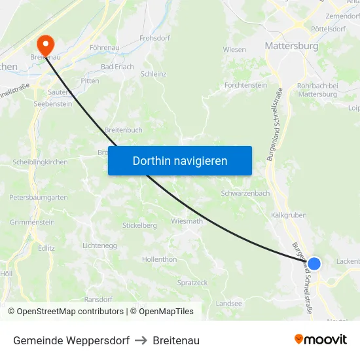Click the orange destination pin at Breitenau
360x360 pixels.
(46, 44)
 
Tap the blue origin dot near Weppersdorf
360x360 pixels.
(314, 263)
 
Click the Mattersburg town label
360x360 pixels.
(291, 46)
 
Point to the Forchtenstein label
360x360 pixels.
(245, 85)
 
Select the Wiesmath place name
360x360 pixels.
(187, 221)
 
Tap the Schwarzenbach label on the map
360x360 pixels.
(245, 193)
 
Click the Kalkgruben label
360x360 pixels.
(289, 215)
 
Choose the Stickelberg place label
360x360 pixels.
(139, 226)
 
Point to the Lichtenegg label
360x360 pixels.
(100, 245)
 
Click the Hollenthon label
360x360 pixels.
(160, 259)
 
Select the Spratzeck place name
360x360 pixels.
(192, 282)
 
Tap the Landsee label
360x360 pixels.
(228, 304)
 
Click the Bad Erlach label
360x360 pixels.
(117, 67)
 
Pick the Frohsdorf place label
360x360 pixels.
(155, 39)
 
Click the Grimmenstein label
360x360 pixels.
(32, 222)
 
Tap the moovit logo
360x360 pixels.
(321, 339)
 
